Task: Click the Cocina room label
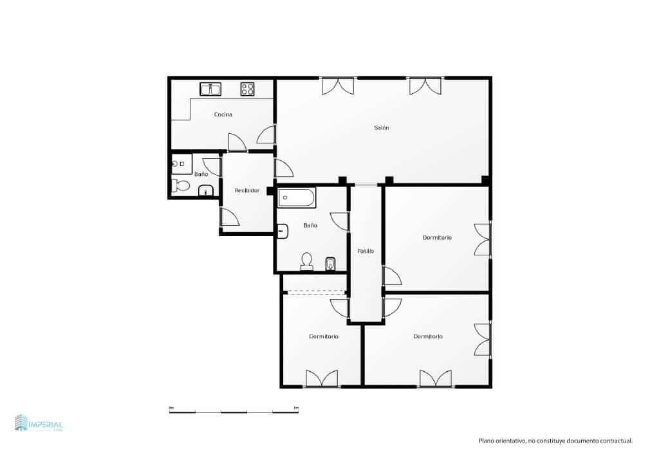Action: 223,114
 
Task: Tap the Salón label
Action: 382,127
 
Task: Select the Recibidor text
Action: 247,190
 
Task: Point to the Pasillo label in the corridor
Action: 366,251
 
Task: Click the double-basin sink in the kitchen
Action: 210,89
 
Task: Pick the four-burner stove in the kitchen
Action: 248,89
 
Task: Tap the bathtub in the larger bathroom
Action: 297,197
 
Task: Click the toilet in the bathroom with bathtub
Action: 306,261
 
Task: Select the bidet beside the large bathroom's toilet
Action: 331,264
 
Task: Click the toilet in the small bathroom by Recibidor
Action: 181,186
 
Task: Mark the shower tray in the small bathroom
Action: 181,164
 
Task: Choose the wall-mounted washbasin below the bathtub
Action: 282,229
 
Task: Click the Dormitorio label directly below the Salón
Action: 437,237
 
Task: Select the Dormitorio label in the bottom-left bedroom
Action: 324,336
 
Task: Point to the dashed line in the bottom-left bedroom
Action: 315,292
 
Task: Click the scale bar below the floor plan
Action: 234,411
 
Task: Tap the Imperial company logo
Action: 39,423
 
